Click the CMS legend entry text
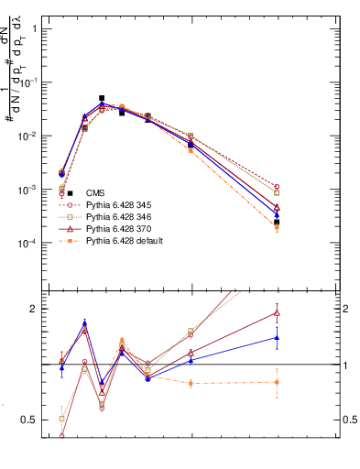(95, 192)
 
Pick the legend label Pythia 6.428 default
(125, 240)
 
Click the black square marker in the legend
(70, 192)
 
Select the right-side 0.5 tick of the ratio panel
(350, 420)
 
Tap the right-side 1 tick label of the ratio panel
(344, 365)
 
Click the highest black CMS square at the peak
(102, 98)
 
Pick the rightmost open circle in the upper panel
(277, 187)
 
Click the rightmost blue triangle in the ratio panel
(277, 337)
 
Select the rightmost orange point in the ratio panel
(277, 382)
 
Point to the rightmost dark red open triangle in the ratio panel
(277, 313)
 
